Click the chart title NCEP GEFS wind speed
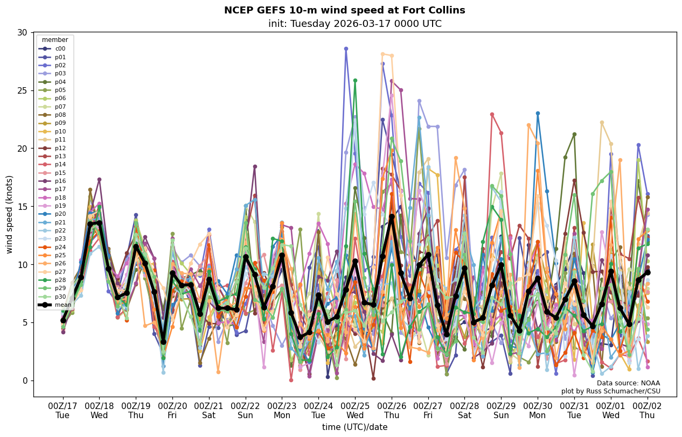344,10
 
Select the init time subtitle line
354,24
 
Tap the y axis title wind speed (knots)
9,214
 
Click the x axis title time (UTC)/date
354,427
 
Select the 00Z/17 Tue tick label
62,410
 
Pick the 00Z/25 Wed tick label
355,410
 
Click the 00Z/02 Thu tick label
647,410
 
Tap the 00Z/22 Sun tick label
245,410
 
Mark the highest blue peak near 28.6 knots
346,49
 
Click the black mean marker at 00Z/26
392,216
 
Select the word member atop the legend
55,40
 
